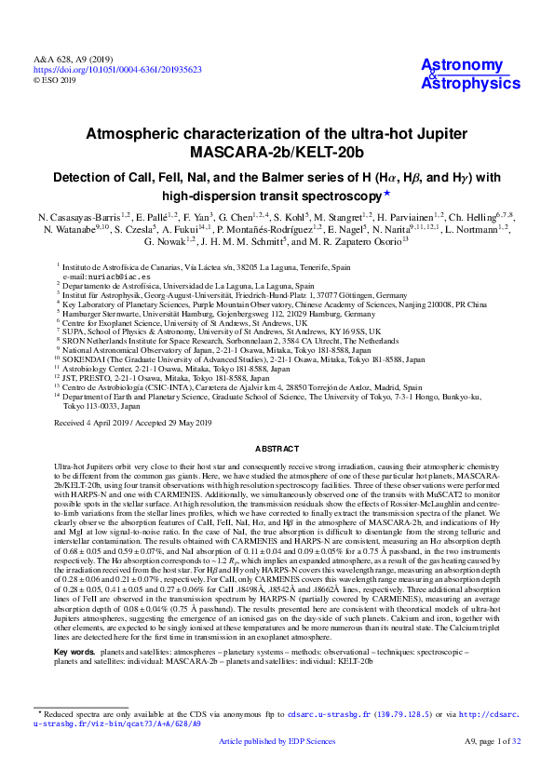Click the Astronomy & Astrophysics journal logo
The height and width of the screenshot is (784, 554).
click(x=470, y=74)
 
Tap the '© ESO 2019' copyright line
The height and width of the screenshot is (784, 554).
click(x=55, y=80)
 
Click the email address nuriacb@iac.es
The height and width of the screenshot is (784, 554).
click(x=101, y=277)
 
